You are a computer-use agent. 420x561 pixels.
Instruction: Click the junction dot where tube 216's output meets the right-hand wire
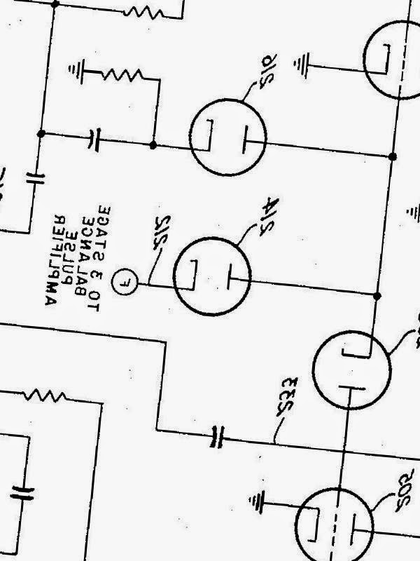tap(393, 156)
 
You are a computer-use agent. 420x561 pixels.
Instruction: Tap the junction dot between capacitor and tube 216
tap(153, 145)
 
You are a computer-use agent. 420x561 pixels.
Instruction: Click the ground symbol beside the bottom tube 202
tap(258, 501)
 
